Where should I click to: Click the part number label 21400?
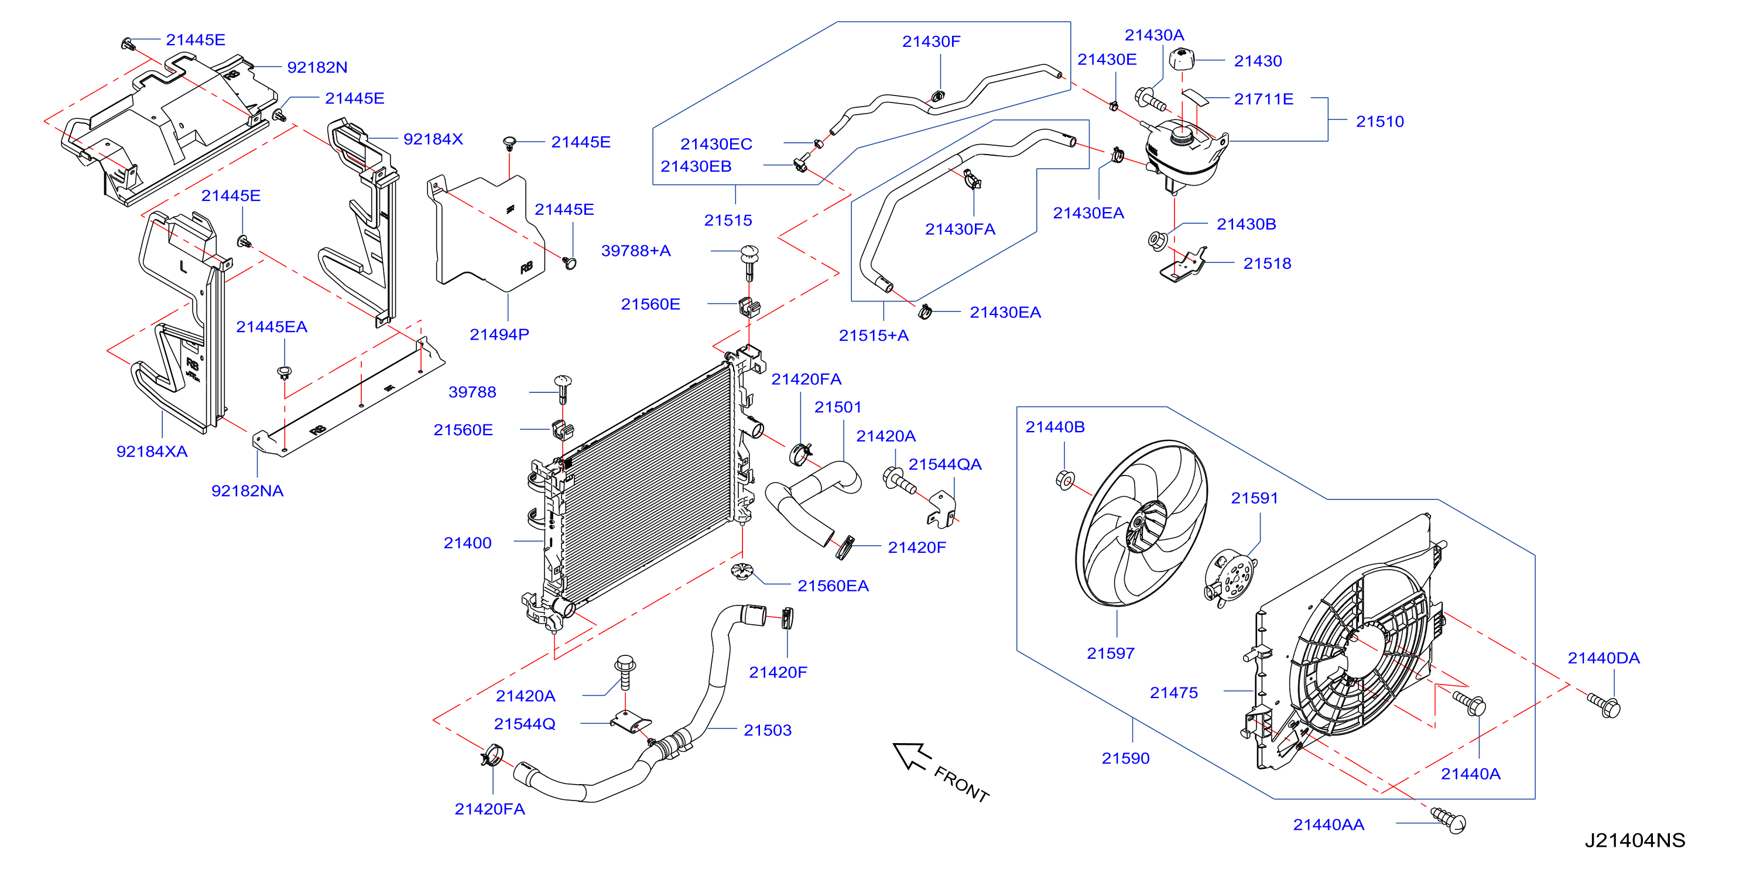click(x=467, y=543)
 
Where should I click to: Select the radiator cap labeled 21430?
click(x=1182, y=59)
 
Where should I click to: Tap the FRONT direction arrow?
click(x=911, y=755)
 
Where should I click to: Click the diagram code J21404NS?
click(x=1635, y=840)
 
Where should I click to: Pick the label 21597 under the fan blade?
click(x=1111, y=654)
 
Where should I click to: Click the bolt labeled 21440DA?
click(x=1604, y=704)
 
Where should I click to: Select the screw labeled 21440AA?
click(x=1449, y=819)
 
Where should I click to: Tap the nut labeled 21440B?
click(x=1065, y=480)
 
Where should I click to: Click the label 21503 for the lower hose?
click(x=768, y=730)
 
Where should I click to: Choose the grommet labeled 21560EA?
click(x=741, y=571)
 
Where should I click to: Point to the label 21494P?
click(x=499, y=335)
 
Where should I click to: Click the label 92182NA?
click(x=247, y=491)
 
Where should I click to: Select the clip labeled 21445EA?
click(x=285, y=372)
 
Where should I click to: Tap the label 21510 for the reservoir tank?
click(x=1380, y=122)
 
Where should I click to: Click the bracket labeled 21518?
click(x=1183, y=265)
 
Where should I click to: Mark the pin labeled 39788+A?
click(x=749, y=261)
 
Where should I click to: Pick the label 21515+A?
click(x=874, y=336)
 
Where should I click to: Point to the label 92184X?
click(x=433, y=139)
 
